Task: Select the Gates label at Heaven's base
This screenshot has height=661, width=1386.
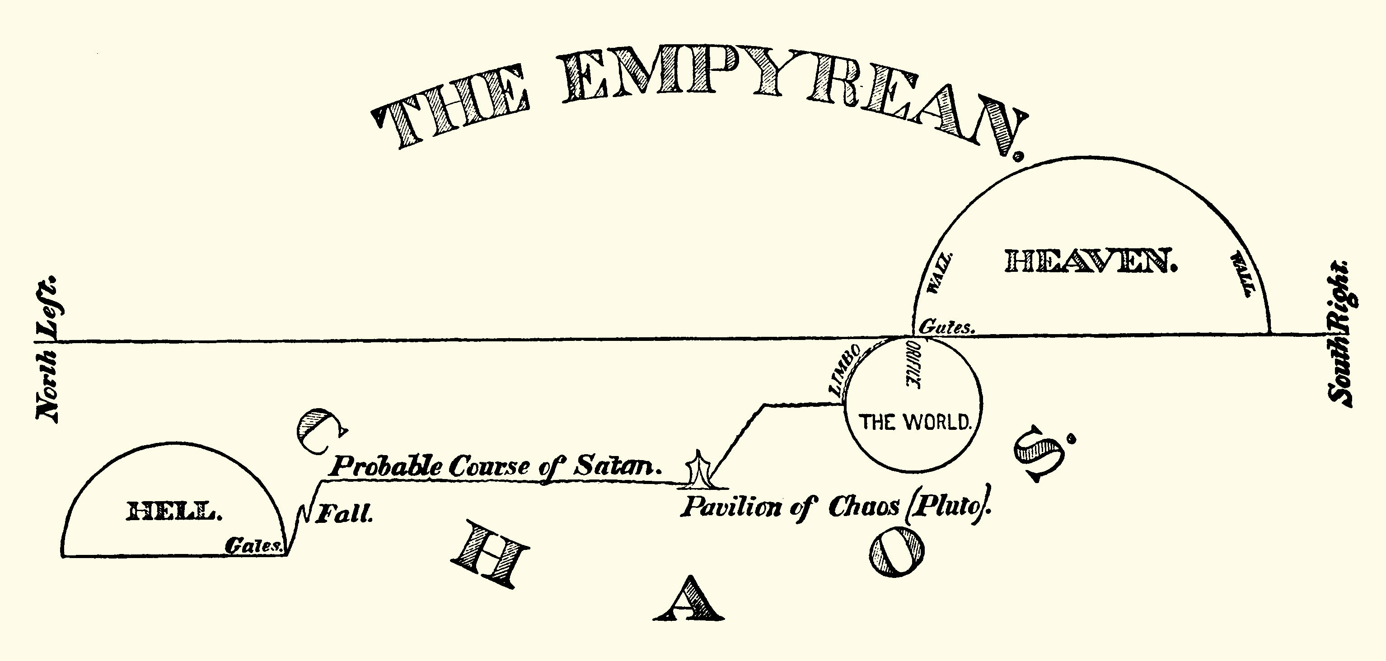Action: [947, 327]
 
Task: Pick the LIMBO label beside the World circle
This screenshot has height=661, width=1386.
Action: [845, 371]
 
